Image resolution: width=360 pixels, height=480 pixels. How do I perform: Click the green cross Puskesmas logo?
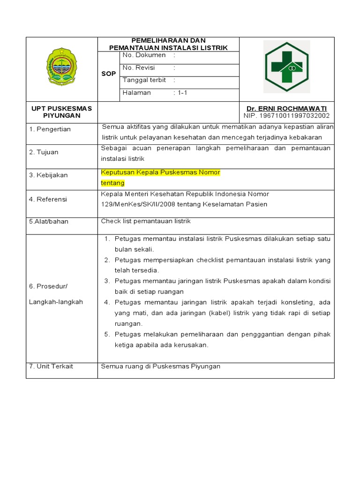[286, 67]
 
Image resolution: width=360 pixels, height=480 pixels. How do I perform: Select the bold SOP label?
[109, 74]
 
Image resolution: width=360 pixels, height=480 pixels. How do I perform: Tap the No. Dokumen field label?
[144, 55]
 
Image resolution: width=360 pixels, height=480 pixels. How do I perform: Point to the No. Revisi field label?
[139, 67]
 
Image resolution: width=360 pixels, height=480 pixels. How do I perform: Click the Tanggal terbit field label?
[144, 80]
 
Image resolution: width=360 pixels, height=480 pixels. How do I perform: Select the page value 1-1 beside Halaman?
[180, 93]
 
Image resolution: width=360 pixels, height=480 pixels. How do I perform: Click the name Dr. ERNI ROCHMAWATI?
[286, 108]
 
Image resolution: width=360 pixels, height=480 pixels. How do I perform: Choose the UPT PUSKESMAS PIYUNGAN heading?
[61, 112]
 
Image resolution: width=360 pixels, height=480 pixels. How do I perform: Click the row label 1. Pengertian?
[50, 129]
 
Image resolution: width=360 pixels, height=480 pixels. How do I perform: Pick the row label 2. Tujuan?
[44, 152]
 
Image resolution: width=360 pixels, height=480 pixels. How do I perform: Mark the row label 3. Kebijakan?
[48, 175]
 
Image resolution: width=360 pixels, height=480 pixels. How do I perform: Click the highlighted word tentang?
[113, 183]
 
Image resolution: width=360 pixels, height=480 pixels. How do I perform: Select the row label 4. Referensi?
[48, 199]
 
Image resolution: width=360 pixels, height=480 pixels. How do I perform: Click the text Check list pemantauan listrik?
[146, 221]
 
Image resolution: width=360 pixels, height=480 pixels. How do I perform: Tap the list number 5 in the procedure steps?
[106, 334]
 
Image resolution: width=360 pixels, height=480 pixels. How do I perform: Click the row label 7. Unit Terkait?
[51, 366]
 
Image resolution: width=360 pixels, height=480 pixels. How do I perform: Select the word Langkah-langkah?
[56, 302]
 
